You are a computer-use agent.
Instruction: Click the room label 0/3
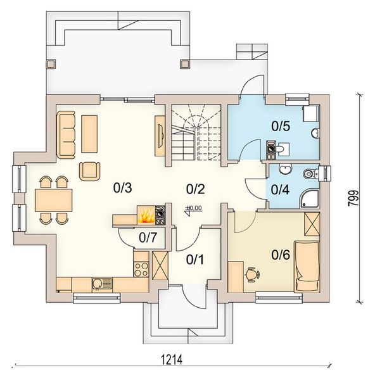pyautogui.click(x=123, y=188)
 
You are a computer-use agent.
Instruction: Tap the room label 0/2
pyautogui.click(x=195, y=189)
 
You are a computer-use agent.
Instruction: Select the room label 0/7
pyautogui.click(x=148, y=237)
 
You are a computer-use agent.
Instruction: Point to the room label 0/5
pyautogui.click(x=281, y=126)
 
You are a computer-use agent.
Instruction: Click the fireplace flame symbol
pyautogui.click(x=146, y=216)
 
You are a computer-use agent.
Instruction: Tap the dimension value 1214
pyautogui.click(x=172, y=359)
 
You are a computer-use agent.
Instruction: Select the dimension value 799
pyautogui.click(x=353, y=198)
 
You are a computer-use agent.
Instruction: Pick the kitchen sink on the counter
pyautogui.click(x=102, y=284)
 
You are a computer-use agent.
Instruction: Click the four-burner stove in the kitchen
pyautogui.click(x=141, y=269)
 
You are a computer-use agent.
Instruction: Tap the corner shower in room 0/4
pyautogui.click(x=310, y=199)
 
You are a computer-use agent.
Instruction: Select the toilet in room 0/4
pyautogui.click(x=310, y=174)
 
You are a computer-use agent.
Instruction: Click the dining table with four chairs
pyautogui.click(x=53, y=200)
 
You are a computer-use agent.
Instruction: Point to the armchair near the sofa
pyautogui.click(x=90, y=171)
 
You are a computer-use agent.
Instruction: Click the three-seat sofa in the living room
pyautogui.click(x=65, y=135)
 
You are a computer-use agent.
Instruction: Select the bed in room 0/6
pyautogui.click(x=307, y=267)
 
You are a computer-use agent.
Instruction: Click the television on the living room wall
pyautogui.click(x=161, y=136)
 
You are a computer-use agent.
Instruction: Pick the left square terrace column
pyautogui.click(x=51, y=64)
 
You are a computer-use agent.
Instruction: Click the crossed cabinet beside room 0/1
pyautogui.click(x=160, y=265)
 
